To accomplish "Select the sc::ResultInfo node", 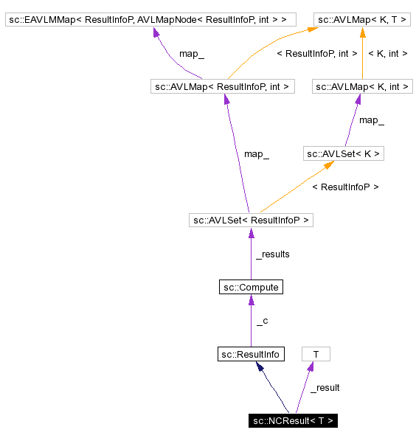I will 251,355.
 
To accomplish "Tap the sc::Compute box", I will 251,287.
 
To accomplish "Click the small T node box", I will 316,355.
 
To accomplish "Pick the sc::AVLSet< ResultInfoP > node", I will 251,220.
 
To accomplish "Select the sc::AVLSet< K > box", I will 344,153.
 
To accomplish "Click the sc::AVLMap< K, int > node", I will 362,87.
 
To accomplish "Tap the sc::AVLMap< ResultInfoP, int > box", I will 222,87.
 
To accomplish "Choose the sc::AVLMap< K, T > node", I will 362,19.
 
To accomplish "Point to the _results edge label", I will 272,254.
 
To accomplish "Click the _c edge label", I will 262,322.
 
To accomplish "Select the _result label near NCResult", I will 325,388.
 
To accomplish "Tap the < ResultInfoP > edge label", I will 345,187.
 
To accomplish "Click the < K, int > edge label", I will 387,53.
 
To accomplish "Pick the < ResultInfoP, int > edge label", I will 316,53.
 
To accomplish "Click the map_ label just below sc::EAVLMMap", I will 191,53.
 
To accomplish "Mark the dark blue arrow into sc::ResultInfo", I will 274,388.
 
